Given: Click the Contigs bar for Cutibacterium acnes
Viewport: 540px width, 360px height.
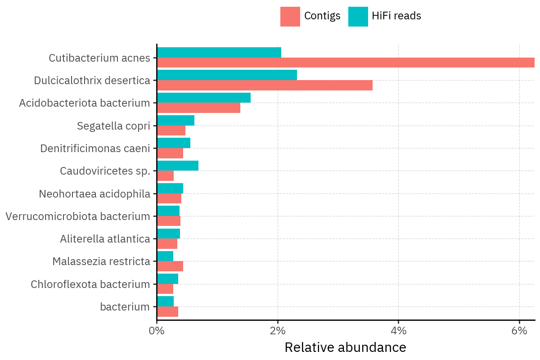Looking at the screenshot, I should (346, 63).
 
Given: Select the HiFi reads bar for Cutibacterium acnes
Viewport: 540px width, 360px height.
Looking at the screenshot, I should (219, 52).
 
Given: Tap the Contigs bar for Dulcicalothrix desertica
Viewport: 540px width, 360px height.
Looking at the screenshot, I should (265, 85).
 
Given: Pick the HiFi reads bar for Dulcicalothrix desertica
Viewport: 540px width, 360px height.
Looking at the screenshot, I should (227, 75).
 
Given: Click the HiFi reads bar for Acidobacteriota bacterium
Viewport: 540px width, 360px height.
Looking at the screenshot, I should (204, 98).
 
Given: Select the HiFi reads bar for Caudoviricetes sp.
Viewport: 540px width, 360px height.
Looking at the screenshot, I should (178, 166).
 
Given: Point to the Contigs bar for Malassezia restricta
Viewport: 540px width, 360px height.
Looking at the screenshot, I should (170, 266).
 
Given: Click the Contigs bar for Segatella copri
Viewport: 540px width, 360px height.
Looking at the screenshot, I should (171, 130).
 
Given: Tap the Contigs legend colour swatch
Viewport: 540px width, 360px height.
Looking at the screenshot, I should (290, 17).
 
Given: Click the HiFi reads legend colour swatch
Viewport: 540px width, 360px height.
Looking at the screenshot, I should (358, 17).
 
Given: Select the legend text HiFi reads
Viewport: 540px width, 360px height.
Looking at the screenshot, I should (396, 16).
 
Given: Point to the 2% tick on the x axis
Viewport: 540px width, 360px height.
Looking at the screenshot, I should (278, 331).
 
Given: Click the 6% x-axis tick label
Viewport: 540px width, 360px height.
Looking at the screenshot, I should (519, 331).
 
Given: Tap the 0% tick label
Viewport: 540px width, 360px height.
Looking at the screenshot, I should (157, 331).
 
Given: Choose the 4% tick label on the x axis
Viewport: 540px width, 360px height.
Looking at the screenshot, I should (399, 331).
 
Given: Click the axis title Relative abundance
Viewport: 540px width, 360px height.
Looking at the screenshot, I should (345, 347).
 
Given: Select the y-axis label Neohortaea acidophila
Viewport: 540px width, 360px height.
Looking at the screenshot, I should (94, 194).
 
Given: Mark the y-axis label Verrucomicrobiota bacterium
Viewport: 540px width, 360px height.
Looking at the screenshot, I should (78, 216).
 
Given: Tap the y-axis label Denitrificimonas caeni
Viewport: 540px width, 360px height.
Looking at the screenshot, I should (95, 148).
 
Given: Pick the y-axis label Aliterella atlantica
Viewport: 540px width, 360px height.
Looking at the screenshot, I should (105, 239).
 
